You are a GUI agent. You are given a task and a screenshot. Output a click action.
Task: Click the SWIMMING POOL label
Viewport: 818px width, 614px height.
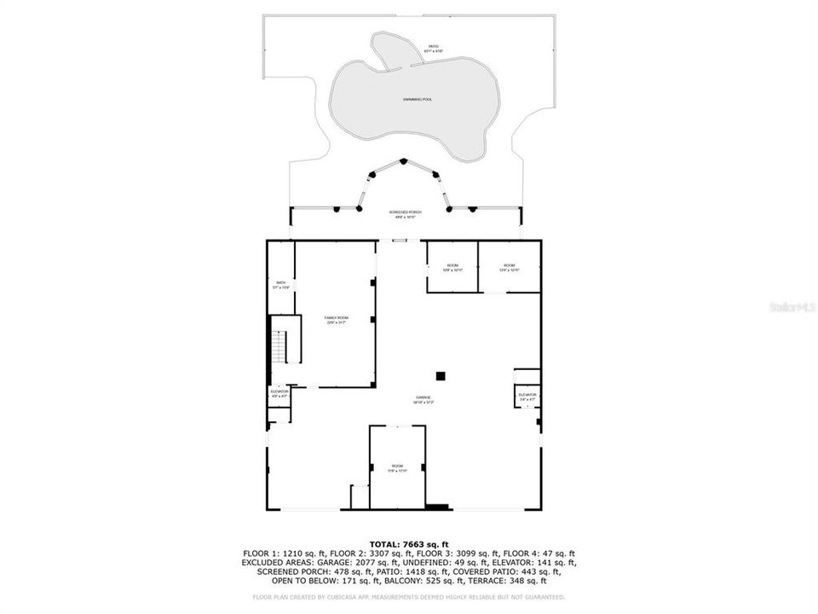pos(418,100)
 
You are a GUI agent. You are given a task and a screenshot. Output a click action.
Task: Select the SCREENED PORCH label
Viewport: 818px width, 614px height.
pos(406,213)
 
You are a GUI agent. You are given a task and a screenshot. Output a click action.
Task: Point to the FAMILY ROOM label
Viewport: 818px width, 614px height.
pos(337,320)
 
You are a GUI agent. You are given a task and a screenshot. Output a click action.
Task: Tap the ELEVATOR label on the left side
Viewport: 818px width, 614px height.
pos(279,393)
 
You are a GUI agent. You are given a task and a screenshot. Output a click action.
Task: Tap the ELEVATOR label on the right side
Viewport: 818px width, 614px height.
pos(527,396)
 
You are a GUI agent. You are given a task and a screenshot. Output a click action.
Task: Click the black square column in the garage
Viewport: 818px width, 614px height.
pos(441,375)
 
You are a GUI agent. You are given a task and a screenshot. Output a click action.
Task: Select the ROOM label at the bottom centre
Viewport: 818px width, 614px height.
pos(397,467)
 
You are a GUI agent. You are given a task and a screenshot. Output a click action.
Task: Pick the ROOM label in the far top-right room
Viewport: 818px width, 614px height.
pos(510,267)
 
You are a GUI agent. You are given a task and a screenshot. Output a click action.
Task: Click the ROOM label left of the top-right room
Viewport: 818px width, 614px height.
pos(452,267)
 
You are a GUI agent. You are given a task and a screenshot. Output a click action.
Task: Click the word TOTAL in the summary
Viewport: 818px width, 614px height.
pos(385,544)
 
